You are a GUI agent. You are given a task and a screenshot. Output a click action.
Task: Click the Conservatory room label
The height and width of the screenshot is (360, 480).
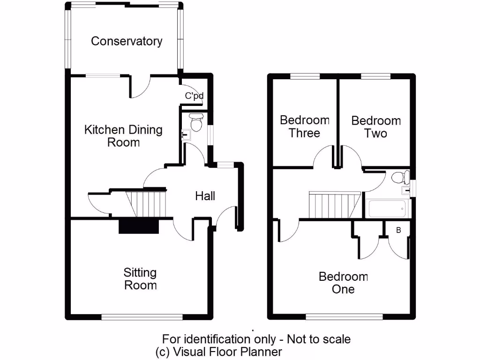coord(127,41)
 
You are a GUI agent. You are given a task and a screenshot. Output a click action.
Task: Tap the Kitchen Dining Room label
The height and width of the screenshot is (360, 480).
coord(123,136)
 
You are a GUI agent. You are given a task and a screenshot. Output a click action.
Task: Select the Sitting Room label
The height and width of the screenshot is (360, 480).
coord(140,278)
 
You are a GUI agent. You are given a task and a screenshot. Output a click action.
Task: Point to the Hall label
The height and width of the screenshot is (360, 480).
coord(205,196)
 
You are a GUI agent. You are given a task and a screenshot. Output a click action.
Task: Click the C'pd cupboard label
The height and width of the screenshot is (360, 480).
coord(194,96)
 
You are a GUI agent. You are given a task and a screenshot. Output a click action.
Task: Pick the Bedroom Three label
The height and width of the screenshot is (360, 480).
coord(304,127)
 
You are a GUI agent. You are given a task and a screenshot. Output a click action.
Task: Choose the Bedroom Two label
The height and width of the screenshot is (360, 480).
coord(376,127)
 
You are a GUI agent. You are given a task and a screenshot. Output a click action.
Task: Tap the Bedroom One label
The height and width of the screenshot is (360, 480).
coord(343,283)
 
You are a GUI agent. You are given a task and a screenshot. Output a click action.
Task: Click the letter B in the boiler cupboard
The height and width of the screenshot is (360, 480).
coord(399,230)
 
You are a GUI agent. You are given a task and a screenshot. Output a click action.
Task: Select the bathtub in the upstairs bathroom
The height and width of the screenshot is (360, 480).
coord(387,208)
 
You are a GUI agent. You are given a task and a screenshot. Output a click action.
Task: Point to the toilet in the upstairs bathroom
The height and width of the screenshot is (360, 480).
coord(399,177)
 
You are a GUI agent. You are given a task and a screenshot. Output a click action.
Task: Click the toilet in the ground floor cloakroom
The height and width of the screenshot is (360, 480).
coord(195,122)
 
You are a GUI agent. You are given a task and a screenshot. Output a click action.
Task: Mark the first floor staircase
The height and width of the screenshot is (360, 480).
coord(334,204)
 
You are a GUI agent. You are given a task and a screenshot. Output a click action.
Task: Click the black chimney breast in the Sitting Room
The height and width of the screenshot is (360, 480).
coord(139,226)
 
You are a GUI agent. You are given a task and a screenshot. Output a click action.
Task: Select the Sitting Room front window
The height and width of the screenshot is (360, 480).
coord(142,317)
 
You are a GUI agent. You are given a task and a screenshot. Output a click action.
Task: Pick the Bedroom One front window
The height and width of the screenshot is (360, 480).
coord(343,317)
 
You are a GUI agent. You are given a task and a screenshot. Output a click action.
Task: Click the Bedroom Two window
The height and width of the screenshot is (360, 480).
coord(375,76)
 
